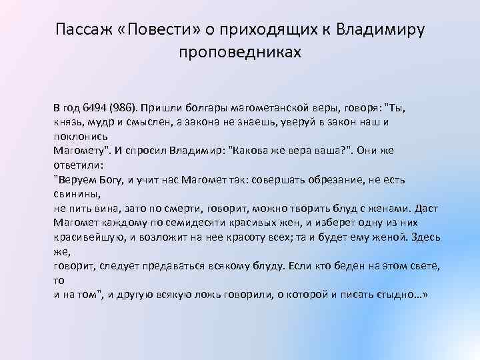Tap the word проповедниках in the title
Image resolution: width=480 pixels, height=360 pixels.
pos(240,52)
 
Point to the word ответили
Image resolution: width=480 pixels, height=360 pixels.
pos(76,165)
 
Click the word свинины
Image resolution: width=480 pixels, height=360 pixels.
pos(76,194)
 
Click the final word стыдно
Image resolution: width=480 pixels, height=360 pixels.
pos(403,294)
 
